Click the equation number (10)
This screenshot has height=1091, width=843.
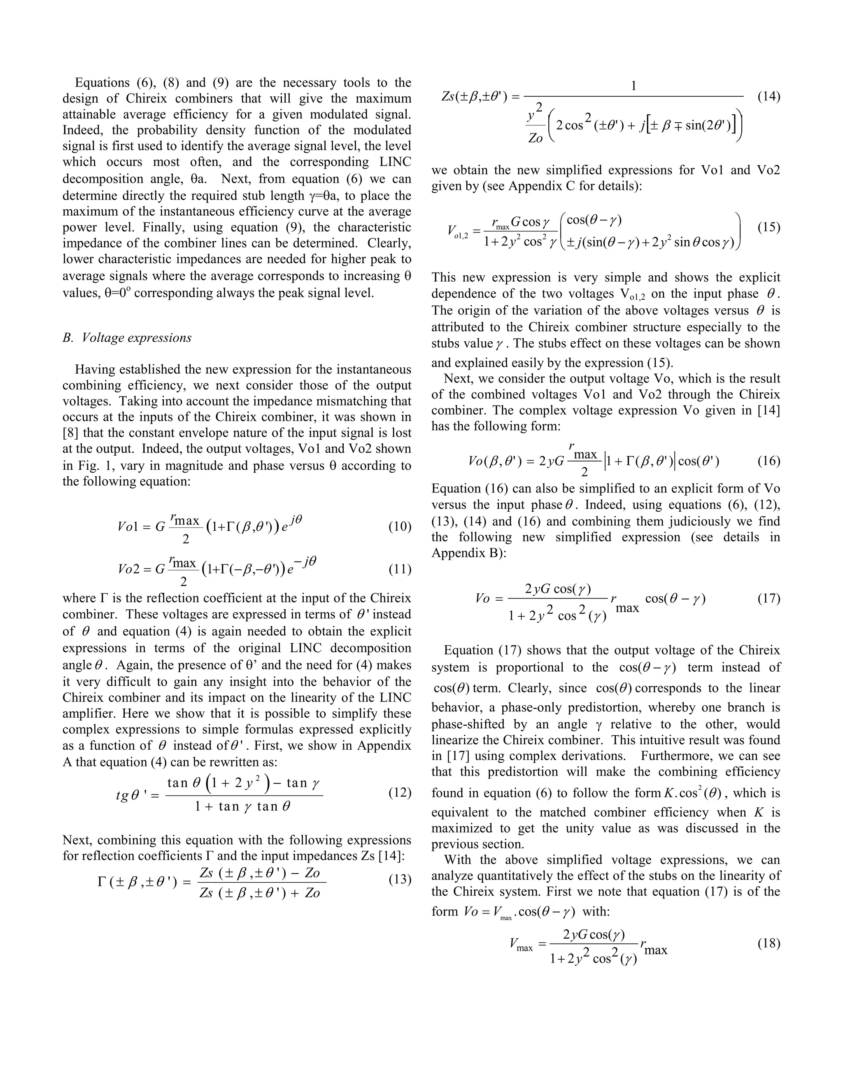tap(400, 527)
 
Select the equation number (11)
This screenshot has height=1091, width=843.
tap(400, 569)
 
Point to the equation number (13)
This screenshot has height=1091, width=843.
tap(400, 879)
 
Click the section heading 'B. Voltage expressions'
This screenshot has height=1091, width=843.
tap(127, 338)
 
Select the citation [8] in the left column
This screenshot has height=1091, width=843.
tap(70, 433)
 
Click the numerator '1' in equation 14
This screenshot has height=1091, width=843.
tap(634, 86)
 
